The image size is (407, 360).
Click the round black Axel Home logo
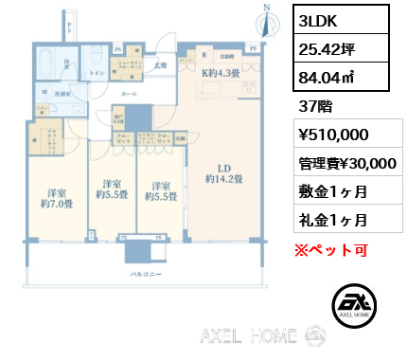(358, 306)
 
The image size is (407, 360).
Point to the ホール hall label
(128, 95)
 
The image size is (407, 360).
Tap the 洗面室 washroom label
(62, 95)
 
